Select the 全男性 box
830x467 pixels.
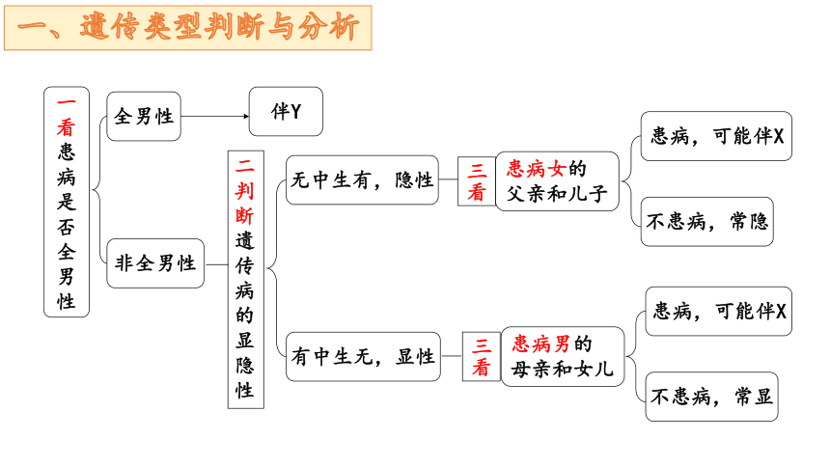pos(144,116)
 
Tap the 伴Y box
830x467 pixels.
pos(286,112)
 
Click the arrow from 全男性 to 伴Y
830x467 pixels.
pos(215,116)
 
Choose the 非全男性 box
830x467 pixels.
pos(155,263)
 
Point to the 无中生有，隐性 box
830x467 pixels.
pos(362,180)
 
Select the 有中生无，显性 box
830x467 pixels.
pos(363,356)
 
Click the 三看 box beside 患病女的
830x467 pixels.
pos(477,181)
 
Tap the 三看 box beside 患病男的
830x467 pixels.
pos(482,356)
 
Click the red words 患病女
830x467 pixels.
pos(537,169)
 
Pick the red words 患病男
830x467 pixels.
pos(541,344)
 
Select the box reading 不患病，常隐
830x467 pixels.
pos(707,222)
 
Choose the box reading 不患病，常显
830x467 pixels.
pos(712,397)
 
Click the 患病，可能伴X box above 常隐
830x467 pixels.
pos(717,136)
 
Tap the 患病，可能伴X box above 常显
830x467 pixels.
pos(719,312)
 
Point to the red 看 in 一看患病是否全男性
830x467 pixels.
pos(67,127)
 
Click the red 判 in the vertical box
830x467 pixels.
pos(244,191)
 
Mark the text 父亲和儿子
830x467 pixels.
pos(557,194)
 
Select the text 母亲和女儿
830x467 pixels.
pos(562,369)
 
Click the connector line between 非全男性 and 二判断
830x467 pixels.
pos(216,264)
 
